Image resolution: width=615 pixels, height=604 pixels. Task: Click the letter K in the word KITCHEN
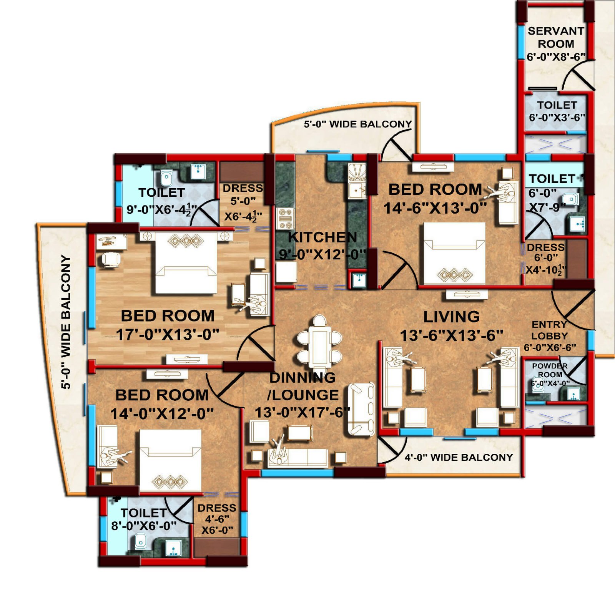pyautogui.click(x=293, y=237)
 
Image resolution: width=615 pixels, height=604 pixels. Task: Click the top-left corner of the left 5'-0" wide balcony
pyautogui.click(x=37, y=224)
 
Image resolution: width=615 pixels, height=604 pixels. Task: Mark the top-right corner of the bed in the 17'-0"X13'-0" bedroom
pyautogui.click(x=217, y=232)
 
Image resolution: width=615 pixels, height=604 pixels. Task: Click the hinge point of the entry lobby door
pyautogui.click(x=594, y=291)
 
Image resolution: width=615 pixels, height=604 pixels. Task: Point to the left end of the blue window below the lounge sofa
pyautogui.click(x=261, y=473)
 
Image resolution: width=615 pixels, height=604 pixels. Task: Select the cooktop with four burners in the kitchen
pyautogui.click(x=285, y=218)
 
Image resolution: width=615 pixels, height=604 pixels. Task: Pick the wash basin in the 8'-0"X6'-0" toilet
pyautogui.click(x=173, y=548)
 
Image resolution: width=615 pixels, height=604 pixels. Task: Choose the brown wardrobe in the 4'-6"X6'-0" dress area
pyautogui.click(x=217, y=547)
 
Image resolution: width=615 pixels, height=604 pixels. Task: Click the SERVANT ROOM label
pyautogui.click(x=556, y=37)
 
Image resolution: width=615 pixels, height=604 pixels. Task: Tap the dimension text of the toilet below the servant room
pyautogui.click(x=557, y=117)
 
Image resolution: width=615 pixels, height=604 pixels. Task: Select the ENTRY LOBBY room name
pyautogui.click(x=549, y=330)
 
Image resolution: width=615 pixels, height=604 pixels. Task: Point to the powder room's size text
pyautogui.click(x=550, y=383)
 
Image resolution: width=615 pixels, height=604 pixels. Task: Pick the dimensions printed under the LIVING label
pyautogui.click(x=452, y=335)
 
